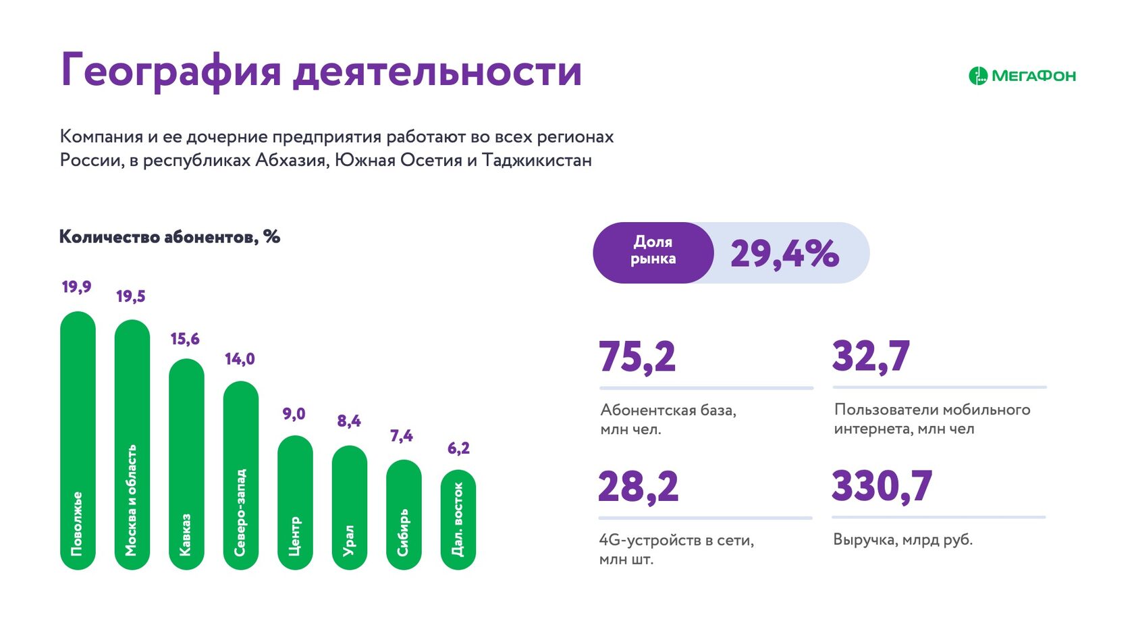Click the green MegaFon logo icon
coord(977,76)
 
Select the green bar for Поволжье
coord(78,439)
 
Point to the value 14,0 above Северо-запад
coord(240,359)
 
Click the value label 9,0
coord(294,414)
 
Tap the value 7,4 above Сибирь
coord(402,436)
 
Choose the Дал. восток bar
coord(458,520)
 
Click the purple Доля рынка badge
coord(653,251)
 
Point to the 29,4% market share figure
coord(784,254)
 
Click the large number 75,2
coord(637,356)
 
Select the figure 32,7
coord(871,356)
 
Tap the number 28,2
coord(638,487)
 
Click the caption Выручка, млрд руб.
coord(902,540)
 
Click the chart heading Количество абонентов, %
coord(169,237)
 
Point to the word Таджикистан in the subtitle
coord(537,161)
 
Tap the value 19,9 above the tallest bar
coord(76,287)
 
